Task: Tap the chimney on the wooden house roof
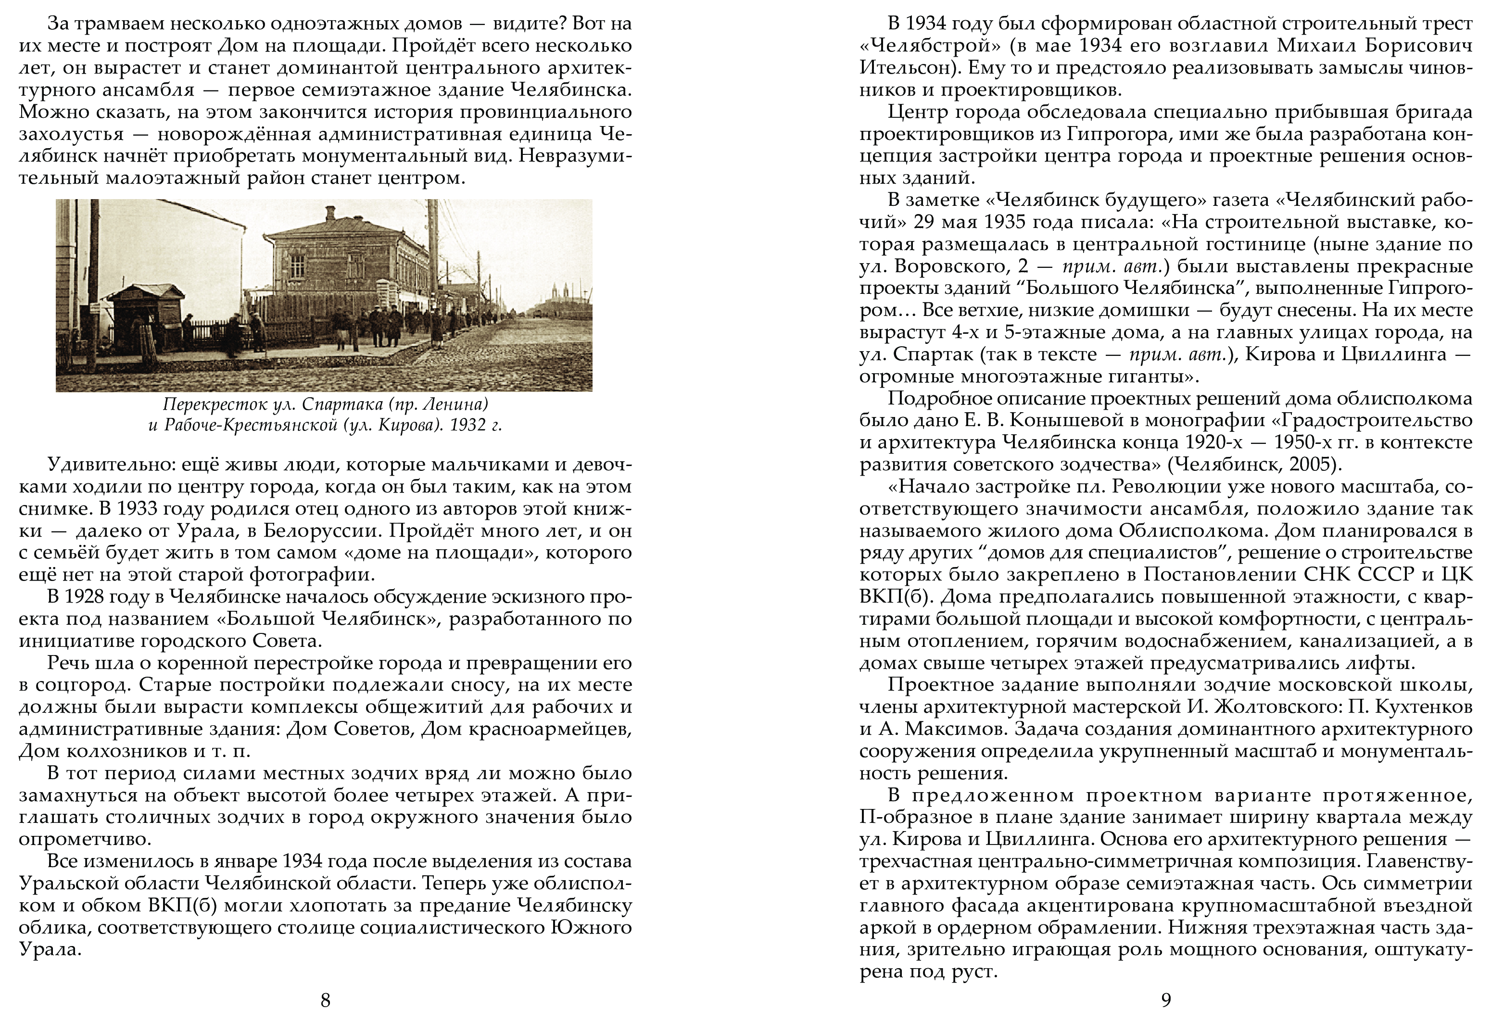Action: click(x=330, y=213)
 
